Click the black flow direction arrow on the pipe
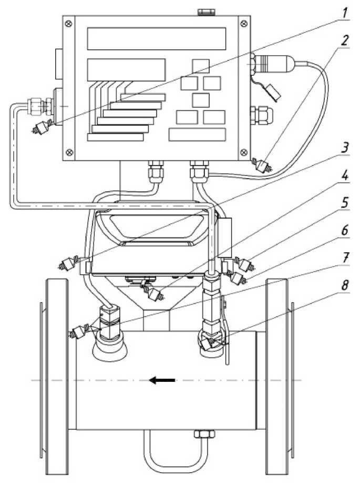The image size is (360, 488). tap(160, 380)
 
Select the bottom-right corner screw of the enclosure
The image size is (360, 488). tap(243, 152)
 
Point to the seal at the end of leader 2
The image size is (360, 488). tap(262, 167)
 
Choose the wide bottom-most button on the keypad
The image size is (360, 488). tap(197, 134)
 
